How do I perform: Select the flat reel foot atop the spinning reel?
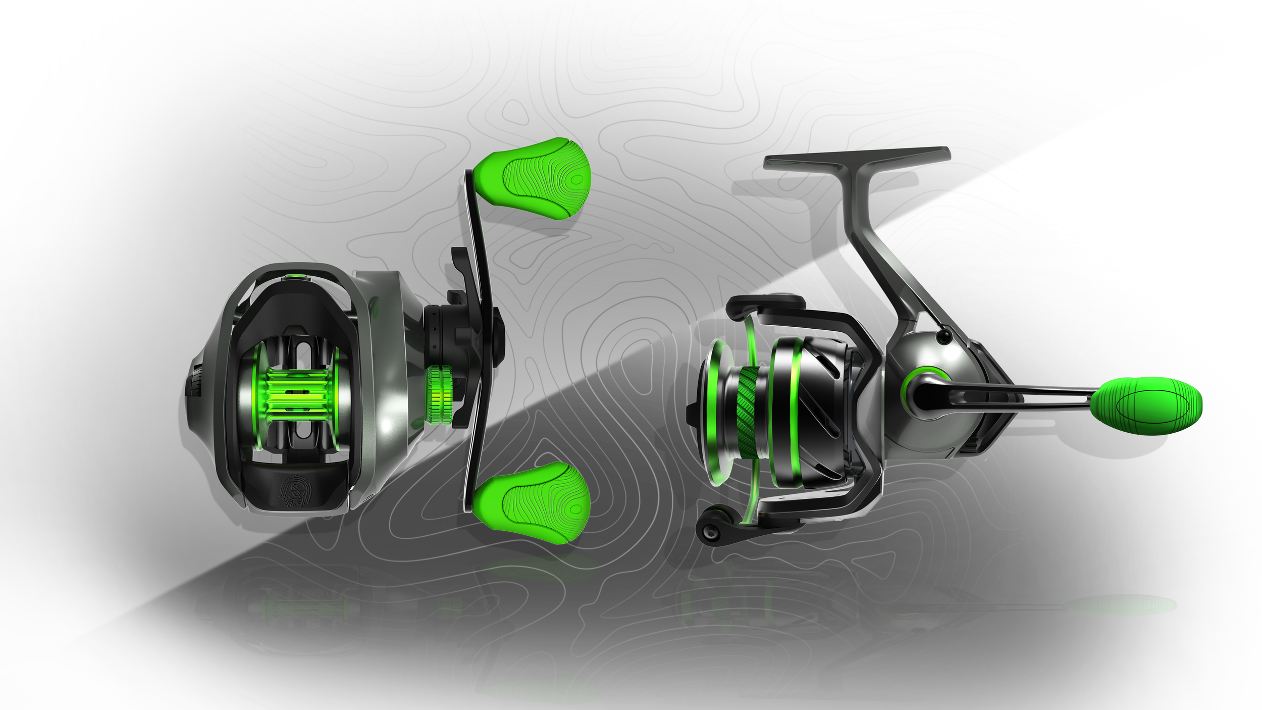[x=858, y=158]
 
